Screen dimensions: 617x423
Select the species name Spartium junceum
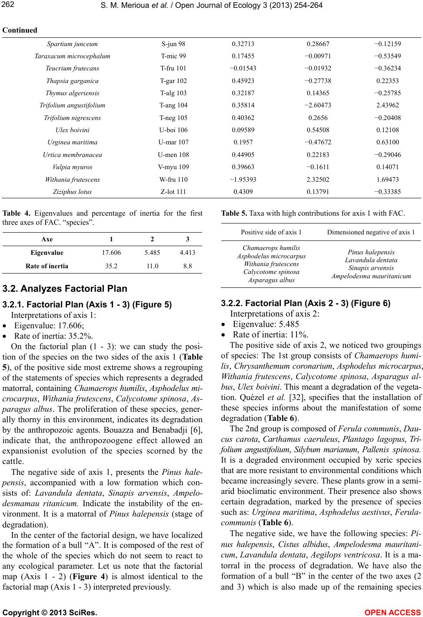click(x=72, y=44)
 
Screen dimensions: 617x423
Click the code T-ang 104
click(x=173, y=105)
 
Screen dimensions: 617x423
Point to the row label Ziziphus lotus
click(x=72, y=191)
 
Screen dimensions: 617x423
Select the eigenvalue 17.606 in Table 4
click(x=112, y=253)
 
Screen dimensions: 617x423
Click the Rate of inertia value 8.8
click(x=187, y=266)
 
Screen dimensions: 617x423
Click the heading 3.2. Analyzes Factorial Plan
click(x=65, y=288)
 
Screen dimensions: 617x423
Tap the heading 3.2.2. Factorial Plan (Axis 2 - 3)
click(x=306, y=303)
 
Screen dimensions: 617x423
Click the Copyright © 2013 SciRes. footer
click(x=50, y=612)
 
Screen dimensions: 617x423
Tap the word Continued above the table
click(x=20, y=30)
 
